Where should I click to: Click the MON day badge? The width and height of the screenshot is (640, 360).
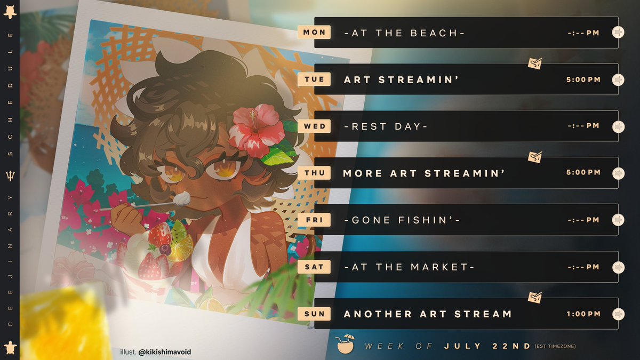coord(314,33)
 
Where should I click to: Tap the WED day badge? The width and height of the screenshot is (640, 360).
coord(314,126)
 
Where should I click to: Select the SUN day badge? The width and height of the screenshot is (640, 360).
coord(314,314)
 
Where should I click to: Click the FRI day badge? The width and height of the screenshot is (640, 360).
coord(314,220)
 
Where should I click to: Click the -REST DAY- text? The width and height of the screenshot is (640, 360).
coord(386,126)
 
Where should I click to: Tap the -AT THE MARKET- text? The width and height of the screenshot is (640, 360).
coord(409,267)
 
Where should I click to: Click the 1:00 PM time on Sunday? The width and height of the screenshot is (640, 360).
coord(583,314)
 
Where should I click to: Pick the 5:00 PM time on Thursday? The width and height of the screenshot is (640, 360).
coord(583,173)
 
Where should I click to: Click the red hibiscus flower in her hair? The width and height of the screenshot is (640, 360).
coord(256,128)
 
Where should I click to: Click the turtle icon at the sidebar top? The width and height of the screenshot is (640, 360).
coord(10,12)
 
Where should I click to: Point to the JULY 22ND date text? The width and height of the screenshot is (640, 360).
coord(487,346)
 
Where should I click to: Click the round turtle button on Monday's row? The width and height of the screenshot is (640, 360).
coord(618,33)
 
